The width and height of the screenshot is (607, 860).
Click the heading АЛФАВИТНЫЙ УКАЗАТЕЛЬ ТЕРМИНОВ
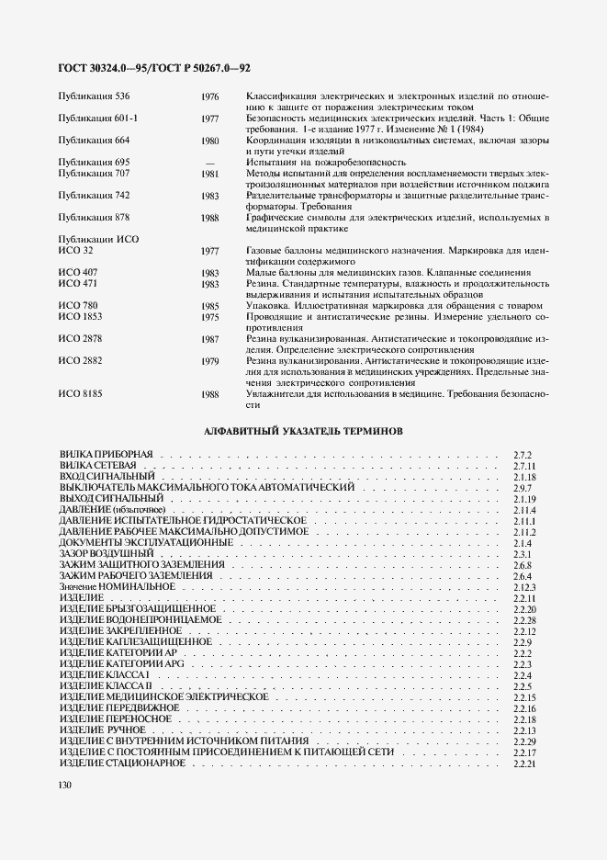pyautogui.click(x=302, y=430)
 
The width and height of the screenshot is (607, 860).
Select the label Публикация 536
pyautogui.click(x=93, y=96)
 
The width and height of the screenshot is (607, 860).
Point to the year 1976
pyautogui.click(x=209, y=96)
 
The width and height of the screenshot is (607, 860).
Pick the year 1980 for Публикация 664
pyautogui.click(x=209, y=141)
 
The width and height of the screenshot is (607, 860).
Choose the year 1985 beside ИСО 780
pyautogui.click(x=209, y=306)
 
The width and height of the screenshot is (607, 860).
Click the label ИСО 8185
pyautogui.click(x=80, y=393)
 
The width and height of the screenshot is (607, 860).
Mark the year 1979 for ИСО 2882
pyautogui.click(x=209, y=361)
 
